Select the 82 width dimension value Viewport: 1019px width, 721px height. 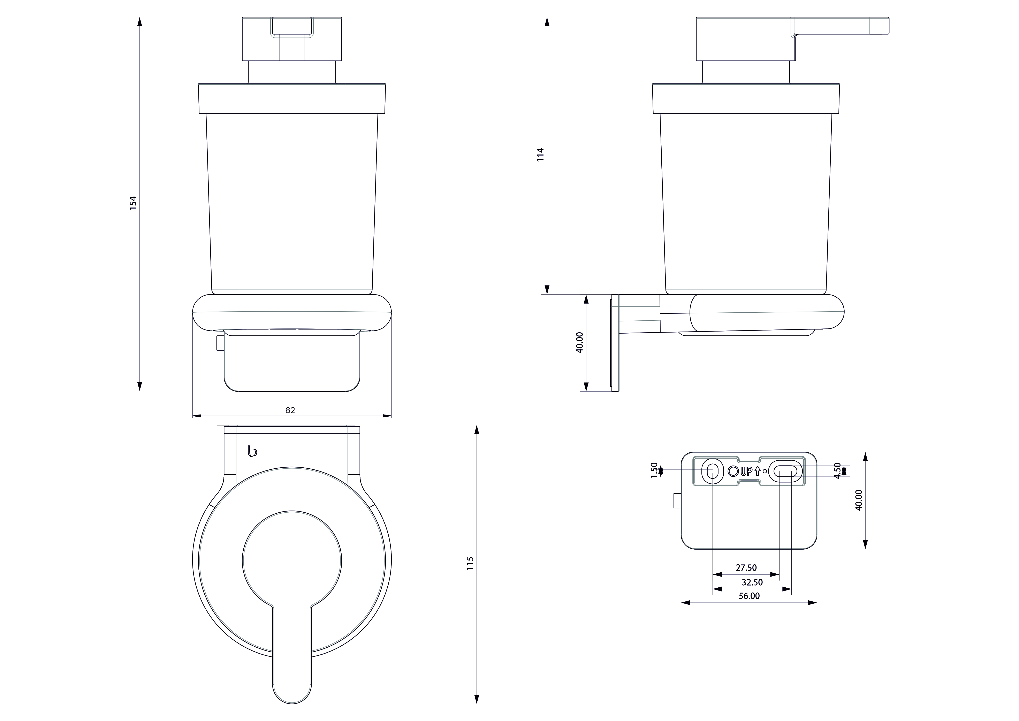click(x=290, y=410)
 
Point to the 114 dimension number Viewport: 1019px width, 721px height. click(x=540, y=155)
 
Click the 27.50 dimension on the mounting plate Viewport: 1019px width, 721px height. click(x=746, y=567)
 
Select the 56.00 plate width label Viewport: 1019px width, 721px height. click(x=749, y=596)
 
